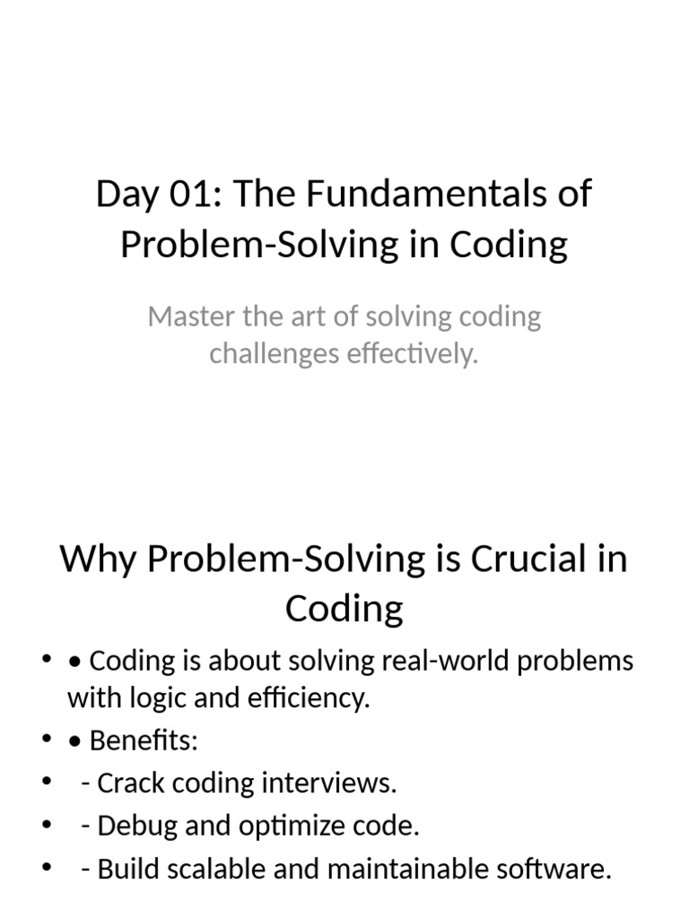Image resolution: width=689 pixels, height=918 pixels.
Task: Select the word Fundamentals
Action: click(x=435, y=195)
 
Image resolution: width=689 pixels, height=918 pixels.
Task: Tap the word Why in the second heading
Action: click(x=98, y=560)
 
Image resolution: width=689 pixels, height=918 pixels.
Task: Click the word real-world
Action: click(x=433, y=662)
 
